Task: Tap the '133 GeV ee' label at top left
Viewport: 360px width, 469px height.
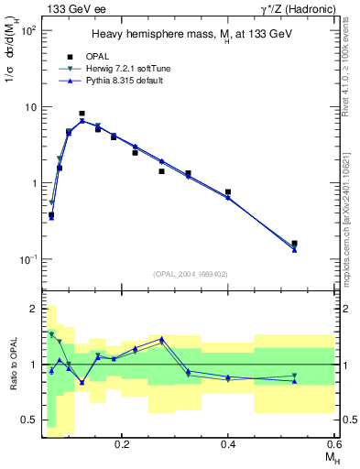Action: (71, 8)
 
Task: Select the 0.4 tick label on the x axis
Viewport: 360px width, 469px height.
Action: (228, 442)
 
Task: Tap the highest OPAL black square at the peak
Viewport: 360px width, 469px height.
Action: (82, 114)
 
